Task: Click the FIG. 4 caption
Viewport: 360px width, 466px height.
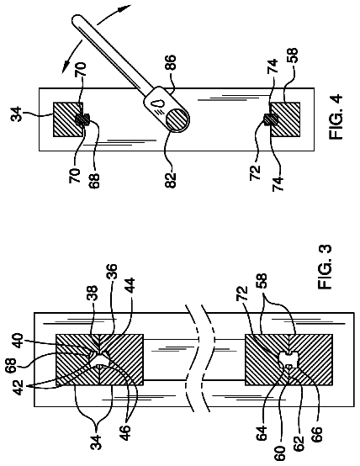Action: pyautogui.click(x=336, y=116)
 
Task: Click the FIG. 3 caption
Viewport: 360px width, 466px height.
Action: pyautogui.click(x=325, y=267)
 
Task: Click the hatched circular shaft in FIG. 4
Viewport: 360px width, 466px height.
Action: pyautogui.click(x=177, y=119)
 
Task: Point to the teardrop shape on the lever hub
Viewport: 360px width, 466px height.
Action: pyautogui.click(x=158, y=103)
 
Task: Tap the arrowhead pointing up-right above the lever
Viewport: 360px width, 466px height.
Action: pyautogui.click(x=124, y=8)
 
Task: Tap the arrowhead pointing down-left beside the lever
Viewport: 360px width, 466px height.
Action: pyautogui.click(x=66, y=65)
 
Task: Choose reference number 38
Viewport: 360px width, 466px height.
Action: pyautogui.click(x=93, y=294)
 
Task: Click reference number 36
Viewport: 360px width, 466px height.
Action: pyautogui.click(x=112, y=271)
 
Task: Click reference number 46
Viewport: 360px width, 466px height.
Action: pyautogui.click(x=125, y=433)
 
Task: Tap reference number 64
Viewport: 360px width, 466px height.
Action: pyautogui.click(x=262, y=433)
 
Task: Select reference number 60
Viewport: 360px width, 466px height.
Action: pyautogui.click(x=280, y=453)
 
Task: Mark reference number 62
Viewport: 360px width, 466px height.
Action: pyautogui.click(x=299, y=443)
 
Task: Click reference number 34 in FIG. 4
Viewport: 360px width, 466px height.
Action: pyautogui.click(x=17, y=114)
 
